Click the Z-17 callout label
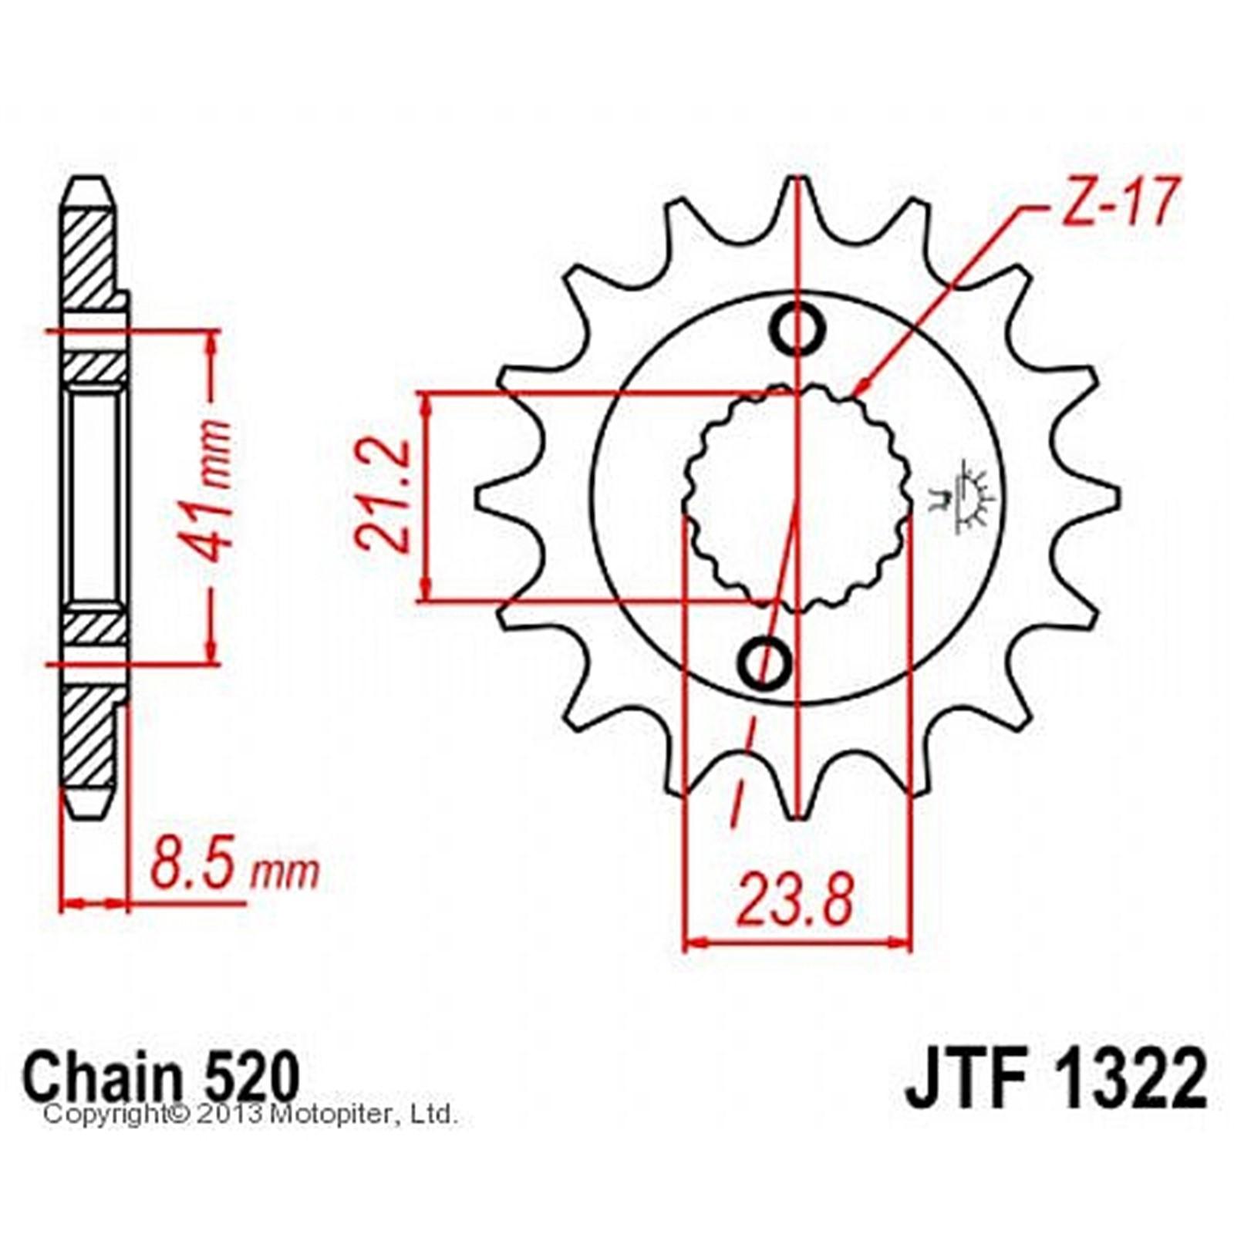[x=1119, y=201]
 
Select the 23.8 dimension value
[x=795, y=900]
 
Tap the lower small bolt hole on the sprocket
[x=764, y=662]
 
